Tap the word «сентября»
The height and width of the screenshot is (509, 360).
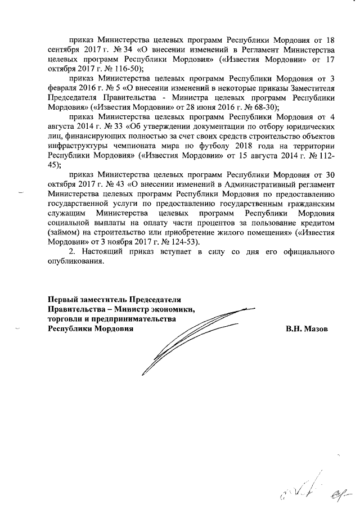(65, 50)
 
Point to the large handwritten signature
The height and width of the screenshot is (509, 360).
(191, 337)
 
